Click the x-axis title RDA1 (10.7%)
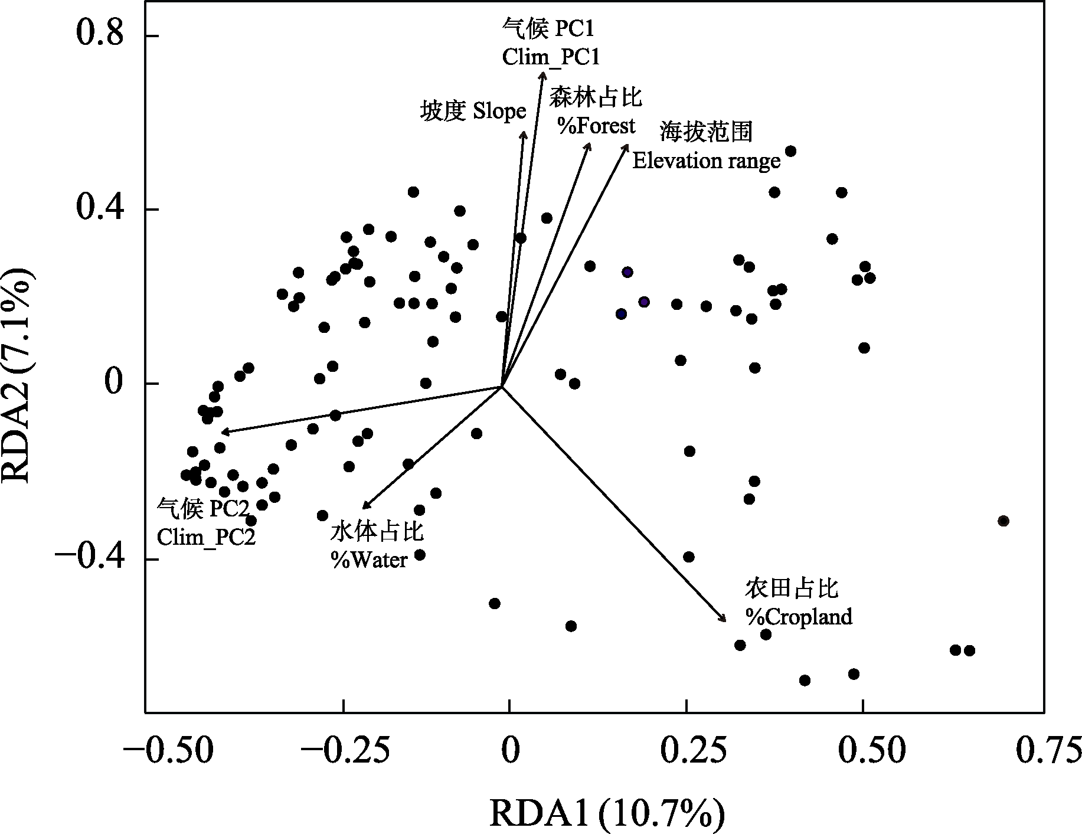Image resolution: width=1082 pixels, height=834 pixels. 606,815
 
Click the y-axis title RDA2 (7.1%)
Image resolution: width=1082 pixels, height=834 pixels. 18,376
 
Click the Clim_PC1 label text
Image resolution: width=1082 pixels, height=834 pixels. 551,57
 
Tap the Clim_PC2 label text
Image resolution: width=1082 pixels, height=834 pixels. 206,537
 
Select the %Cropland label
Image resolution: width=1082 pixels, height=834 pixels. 799,617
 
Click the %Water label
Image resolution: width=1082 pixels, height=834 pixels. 369,559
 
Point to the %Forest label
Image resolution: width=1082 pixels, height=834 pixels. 596,125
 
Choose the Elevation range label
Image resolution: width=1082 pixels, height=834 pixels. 706,161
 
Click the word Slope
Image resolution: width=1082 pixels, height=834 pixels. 499,111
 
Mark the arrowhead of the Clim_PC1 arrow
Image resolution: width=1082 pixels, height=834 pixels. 542,73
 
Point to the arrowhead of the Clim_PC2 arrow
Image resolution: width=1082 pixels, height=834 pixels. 223,432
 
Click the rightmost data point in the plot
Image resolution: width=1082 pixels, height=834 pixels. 1003,521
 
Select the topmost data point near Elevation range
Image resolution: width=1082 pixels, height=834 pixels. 791,151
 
